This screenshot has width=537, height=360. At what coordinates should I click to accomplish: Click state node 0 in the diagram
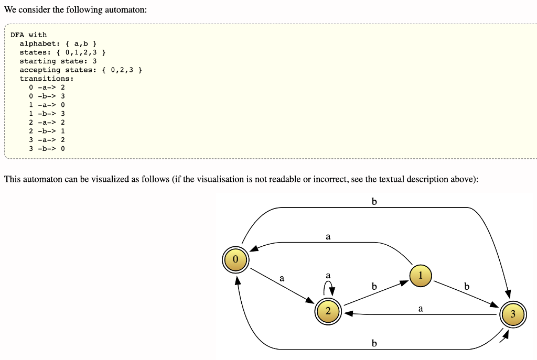pyautogui.click(x=235, y=259)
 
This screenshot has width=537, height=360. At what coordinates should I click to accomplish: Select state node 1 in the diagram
pyautogui.click(x=420, y=276)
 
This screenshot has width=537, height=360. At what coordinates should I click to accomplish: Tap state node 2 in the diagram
pyautogui.click(x=328, y=311)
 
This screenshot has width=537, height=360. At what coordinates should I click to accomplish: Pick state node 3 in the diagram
pyautogui.click(x=512, y=314)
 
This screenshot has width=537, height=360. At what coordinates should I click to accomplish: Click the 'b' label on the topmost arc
pyautogui.click(x=374, y=202)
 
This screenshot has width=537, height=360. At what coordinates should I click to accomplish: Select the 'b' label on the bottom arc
pyautogui.click(x=374, y=343)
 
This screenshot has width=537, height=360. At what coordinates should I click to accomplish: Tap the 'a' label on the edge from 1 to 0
pyautogui.click(x=328, y=237)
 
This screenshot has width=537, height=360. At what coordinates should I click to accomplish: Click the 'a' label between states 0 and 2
pyautogui.click(x=282, y=278)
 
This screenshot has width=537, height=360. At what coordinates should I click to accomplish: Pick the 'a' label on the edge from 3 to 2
pyautogui.click(x=421, y=309)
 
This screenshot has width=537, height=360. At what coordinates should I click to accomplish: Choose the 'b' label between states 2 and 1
pyautogui.click(x=374, y=287)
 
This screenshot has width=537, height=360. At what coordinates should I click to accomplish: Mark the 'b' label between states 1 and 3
pyautogui.click(x=467, y=287)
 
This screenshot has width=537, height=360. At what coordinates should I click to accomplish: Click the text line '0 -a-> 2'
pyautogui.click(x=47, y=87)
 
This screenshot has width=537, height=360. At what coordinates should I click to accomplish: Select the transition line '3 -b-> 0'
pyautogui.click(x=47, y=148)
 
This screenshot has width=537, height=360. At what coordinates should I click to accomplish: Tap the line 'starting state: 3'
pyautogui.click(x=58, y=61)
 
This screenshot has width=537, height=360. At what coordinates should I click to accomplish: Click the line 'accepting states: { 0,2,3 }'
pyautogui.click(x=81, y=70)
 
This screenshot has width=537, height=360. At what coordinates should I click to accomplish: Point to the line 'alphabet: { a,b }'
pyautogui.click(x=58, y=43)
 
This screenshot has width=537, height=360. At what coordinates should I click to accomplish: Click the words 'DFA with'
pyautogui.click(x=28, y=35)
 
